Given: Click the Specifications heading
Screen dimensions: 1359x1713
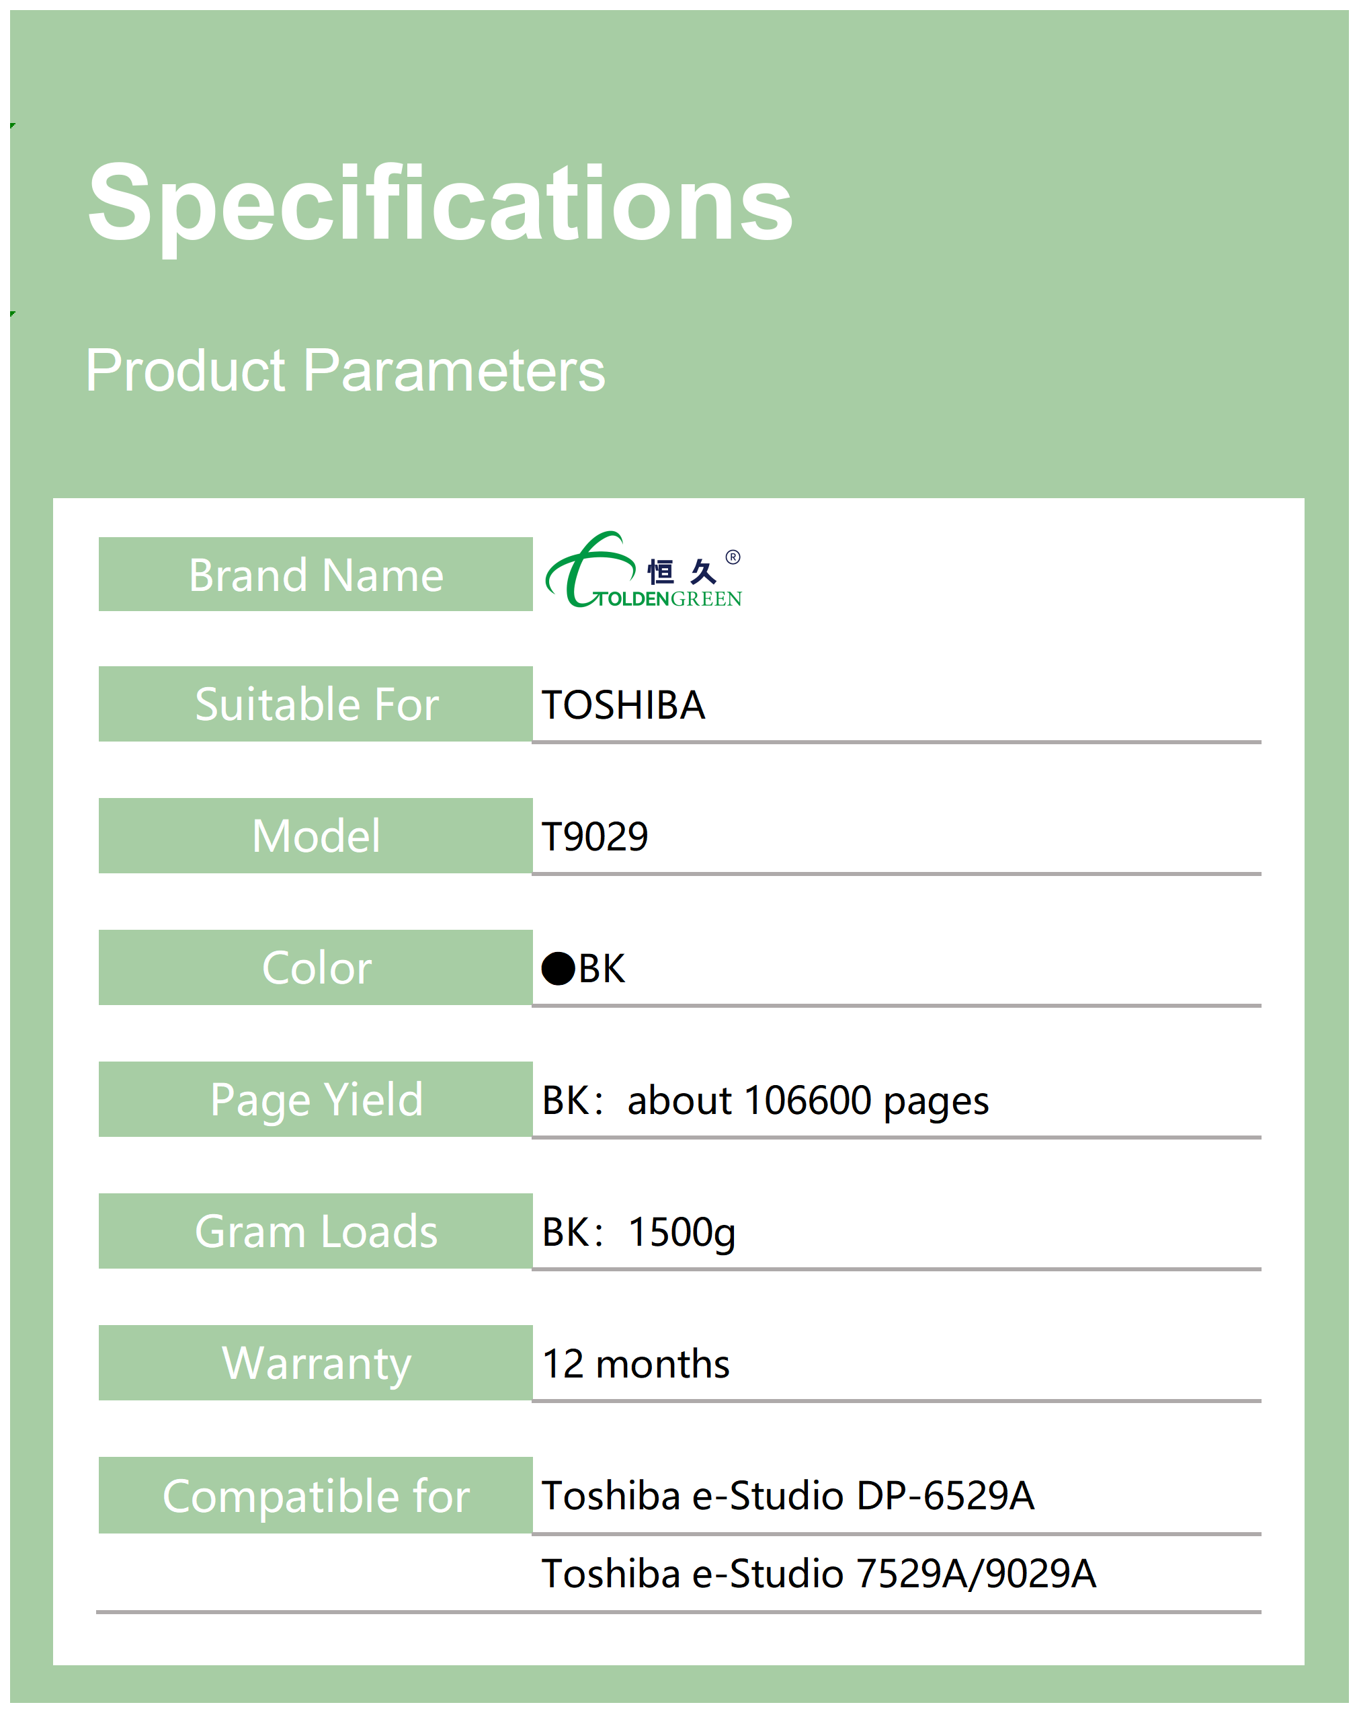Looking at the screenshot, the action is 440,204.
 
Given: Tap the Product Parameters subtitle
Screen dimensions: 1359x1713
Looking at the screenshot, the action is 345,370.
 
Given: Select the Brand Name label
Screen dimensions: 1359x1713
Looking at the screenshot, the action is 316,575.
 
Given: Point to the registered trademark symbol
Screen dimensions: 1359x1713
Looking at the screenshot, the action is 733,557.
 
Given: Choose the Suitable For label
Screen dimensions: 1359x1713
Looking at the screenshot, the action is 317,704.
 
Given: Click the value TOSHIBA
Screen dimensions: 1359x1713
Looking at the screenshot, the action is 624,705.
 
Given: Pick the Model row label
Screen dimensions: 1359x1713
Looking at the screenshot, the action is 316,836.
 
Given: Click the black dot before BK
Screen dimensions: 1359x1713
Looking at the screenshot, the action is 559,969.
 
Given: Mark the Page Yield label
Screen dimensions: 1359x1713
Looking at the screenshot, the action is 317,1101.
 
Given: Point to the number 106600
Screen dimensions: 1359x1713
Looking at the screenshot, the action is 809,1101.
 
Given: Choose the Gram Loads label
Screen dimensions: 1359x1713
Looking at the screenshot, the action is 316,1232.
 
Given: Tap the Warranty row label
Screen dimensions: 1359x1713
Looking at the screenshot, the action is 317,1364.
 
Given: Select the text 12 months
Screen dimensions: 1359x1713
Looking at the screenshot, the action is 635,1364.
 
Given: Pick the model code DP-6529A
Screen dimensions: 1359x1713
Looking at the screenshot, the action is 945,1496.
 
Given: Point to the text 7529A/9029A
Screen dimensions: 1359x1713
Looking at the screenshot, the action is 976,1574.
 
